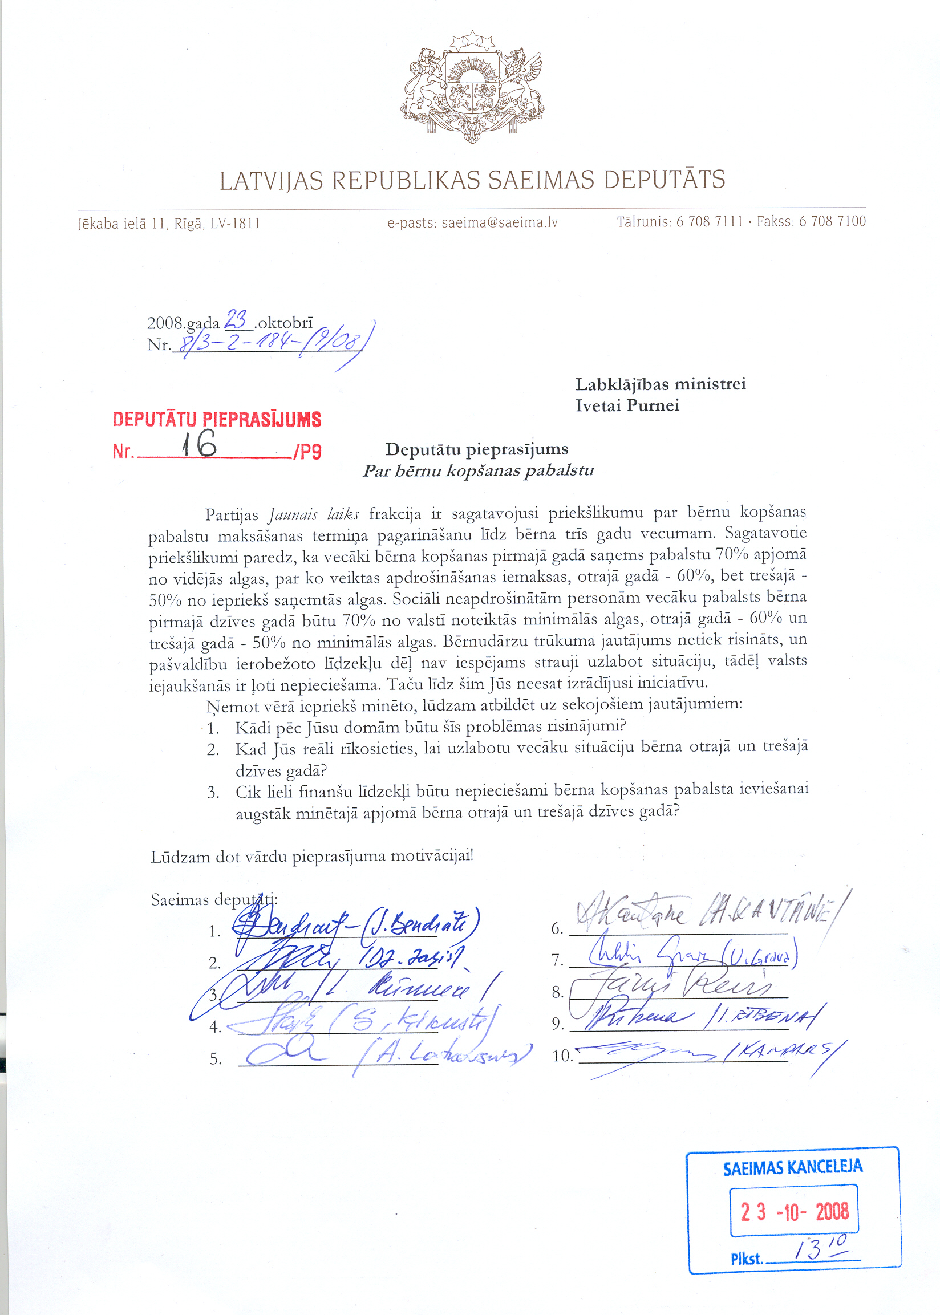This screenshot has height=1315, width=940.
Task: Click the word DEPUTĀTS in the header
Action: coord(665,180)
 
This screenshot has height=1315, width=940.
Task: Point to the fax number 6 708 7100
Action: coord(832,221)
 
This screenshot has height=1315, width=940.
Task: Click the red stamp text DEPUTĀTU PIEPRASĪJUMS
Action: coord(217,420)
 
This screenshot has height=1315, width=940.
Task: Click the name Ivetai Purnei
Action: coord(627,405)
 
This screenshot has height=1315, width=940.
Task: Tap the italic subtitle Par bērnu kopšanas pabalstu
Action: coord(478,471)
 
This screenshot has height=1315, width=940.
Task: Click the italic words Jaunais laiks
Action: coord(314,514)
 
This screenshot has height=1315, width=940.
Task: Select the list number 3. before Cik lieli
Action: coord(213,793)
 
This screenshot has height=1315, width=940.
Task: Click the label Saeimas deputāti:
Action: coord(214,900)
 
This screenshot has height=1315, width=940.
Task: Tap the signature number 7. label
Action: coord(557,960)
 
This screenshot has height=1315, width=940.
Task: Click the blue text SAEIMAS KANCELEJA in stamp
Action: coord(792,1167)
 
